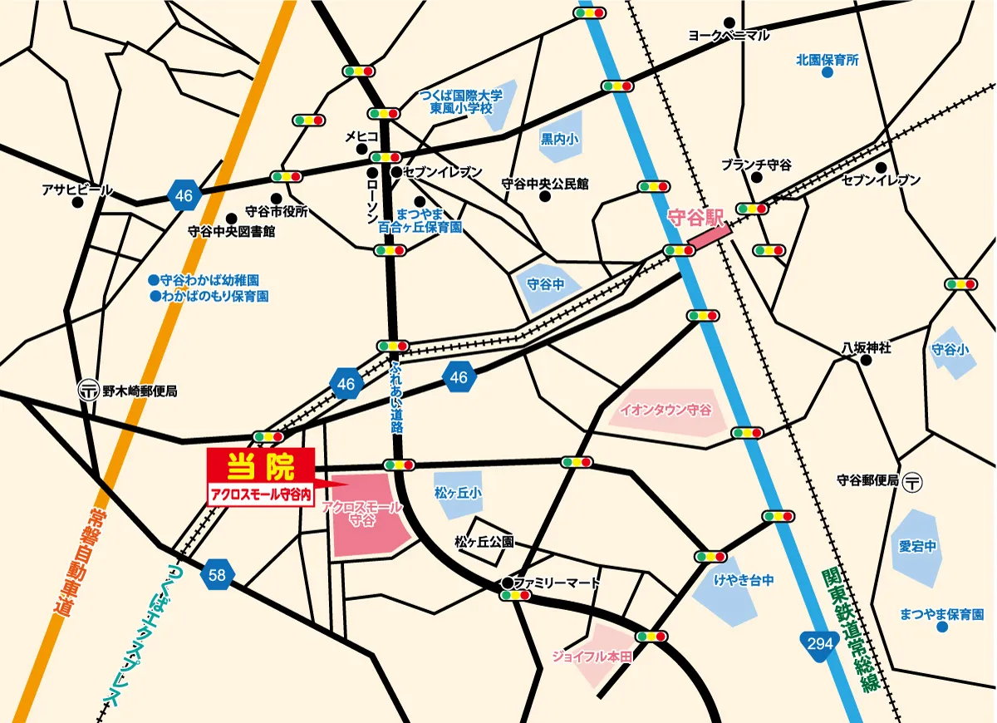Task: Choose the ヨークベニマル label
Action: click(729, 35)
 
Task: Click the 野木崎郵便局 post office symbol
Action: click(86, 390)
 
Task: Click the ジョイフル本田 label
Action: click(592, 657)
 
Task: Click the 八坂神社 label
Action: click(866, 348)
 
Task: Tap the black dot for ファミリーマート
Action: click(506, 583)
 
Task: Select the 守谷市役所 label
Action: click(277, 212)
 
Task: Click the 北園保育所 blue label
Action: click(827, 60)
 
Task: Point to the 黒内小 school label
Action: click(558, 140)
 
